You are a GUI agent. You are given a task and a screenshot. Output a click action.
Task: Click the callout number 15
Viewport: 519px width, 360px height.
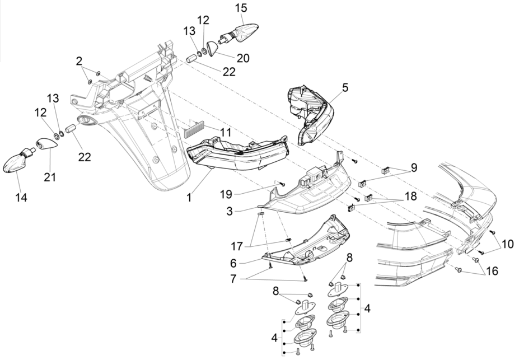point(240,8)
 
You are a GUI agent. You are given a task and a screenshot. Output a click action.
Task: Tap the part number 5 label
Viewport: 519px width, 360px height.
point(345,87)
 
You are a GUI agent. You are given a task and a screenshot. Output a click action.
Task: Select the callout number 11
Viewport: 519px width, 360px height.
point(209,133)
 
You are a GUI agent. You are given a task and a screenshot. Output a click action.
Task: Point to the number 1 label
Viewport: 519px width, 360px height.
point(189,198)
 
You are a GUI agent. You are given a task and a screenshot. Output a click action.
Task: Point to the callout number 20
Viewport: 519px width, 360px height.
point(243,58)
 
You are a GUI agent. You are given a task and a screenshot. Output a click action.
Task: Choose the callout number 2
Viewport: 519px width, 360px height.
point(80,60)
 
